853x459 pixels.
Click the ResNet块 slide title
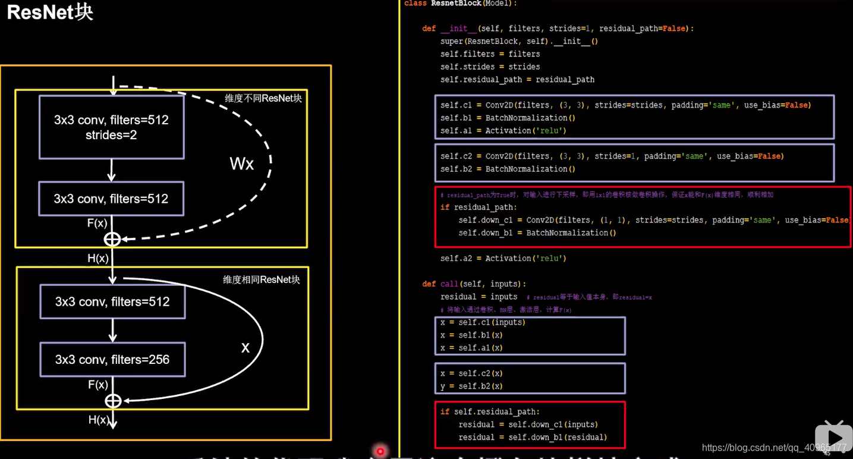(x=50, y=12)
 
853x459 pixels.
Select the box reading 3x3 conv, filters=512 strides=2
(x=111, y=127)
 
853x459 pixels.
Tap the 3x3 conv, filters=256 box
(x=112, y=359)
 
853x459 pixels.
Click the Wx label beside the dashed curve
(x=241, y=164)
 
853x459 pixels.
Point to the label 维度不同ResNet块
(x=263, y=98)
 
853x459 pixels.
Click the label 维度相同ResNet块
(x=261, y=279)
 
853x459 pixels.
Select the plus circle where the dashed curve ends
(x=112, y=239)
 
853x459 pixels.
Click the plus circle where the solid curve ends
(x=113, y=401)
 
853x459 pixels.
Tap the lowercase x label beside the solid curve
(x=245, y=348)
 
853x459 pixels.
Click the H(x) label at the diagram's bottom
(x=99, y=420)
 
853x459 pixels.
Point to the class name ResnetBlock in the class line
(x=456, y=4)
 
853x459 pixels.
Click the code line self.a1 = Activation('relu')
(x=503, y=131)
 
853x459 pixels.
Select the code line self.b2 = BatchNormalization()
(x=508, y=169)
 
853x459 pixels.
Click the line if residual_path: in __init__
(x=479, y=208)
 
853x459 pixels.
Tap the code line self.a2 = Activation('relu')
(x=503, y=259)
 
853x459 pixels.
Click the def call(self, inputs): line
(x=474, y=284)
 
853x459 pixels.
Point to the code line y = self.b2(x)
(x=471, y=386)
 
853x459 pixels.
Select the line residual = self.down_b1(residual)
(x=532, y=438)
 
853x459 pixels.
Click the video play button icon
(x=833, y=438)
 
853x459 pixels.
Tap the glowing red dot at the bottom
(x=380, y=452)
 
